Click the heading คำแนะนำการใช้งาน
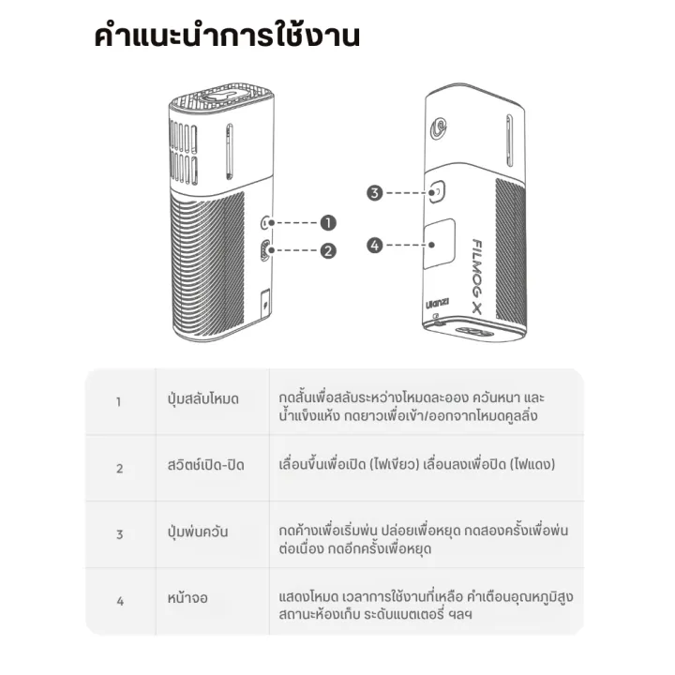click(x=227, y=36)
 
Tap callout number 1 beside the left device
click(x=328, y=222)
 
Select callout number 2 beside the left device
click(x=328, y=250)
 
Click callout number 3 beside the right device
click(x=374, y=192)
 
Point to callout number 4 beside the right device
click(x=374, y=246)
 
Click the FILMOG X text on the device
click(x=476, y=276)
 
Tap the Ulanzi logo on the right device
click(x=438, y=304)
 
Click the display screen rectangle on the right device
click(x=439, y=244)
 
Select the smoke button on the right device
click(x=436, y=191)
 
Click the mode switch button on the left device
click(x=266, y=222)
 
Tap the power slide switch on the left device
click(x=265, y=250)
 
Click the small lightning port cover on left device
click(x=265, y=304)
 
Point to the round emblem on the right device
click(x=439, y=128)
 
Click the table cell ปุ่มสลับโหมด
click(x=203, y=399)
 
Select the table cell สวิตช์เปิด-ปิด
click(x=205, y=465)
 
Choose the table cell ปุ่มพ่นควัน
click(x=198, y=532)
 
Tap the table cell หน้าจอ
click(x=187, y=597)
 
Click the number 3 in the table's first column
click(x=120, y=534)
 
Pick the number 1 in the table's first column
click(x=118, y=401)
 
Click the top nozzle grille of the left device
click(x=221, y=98)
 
